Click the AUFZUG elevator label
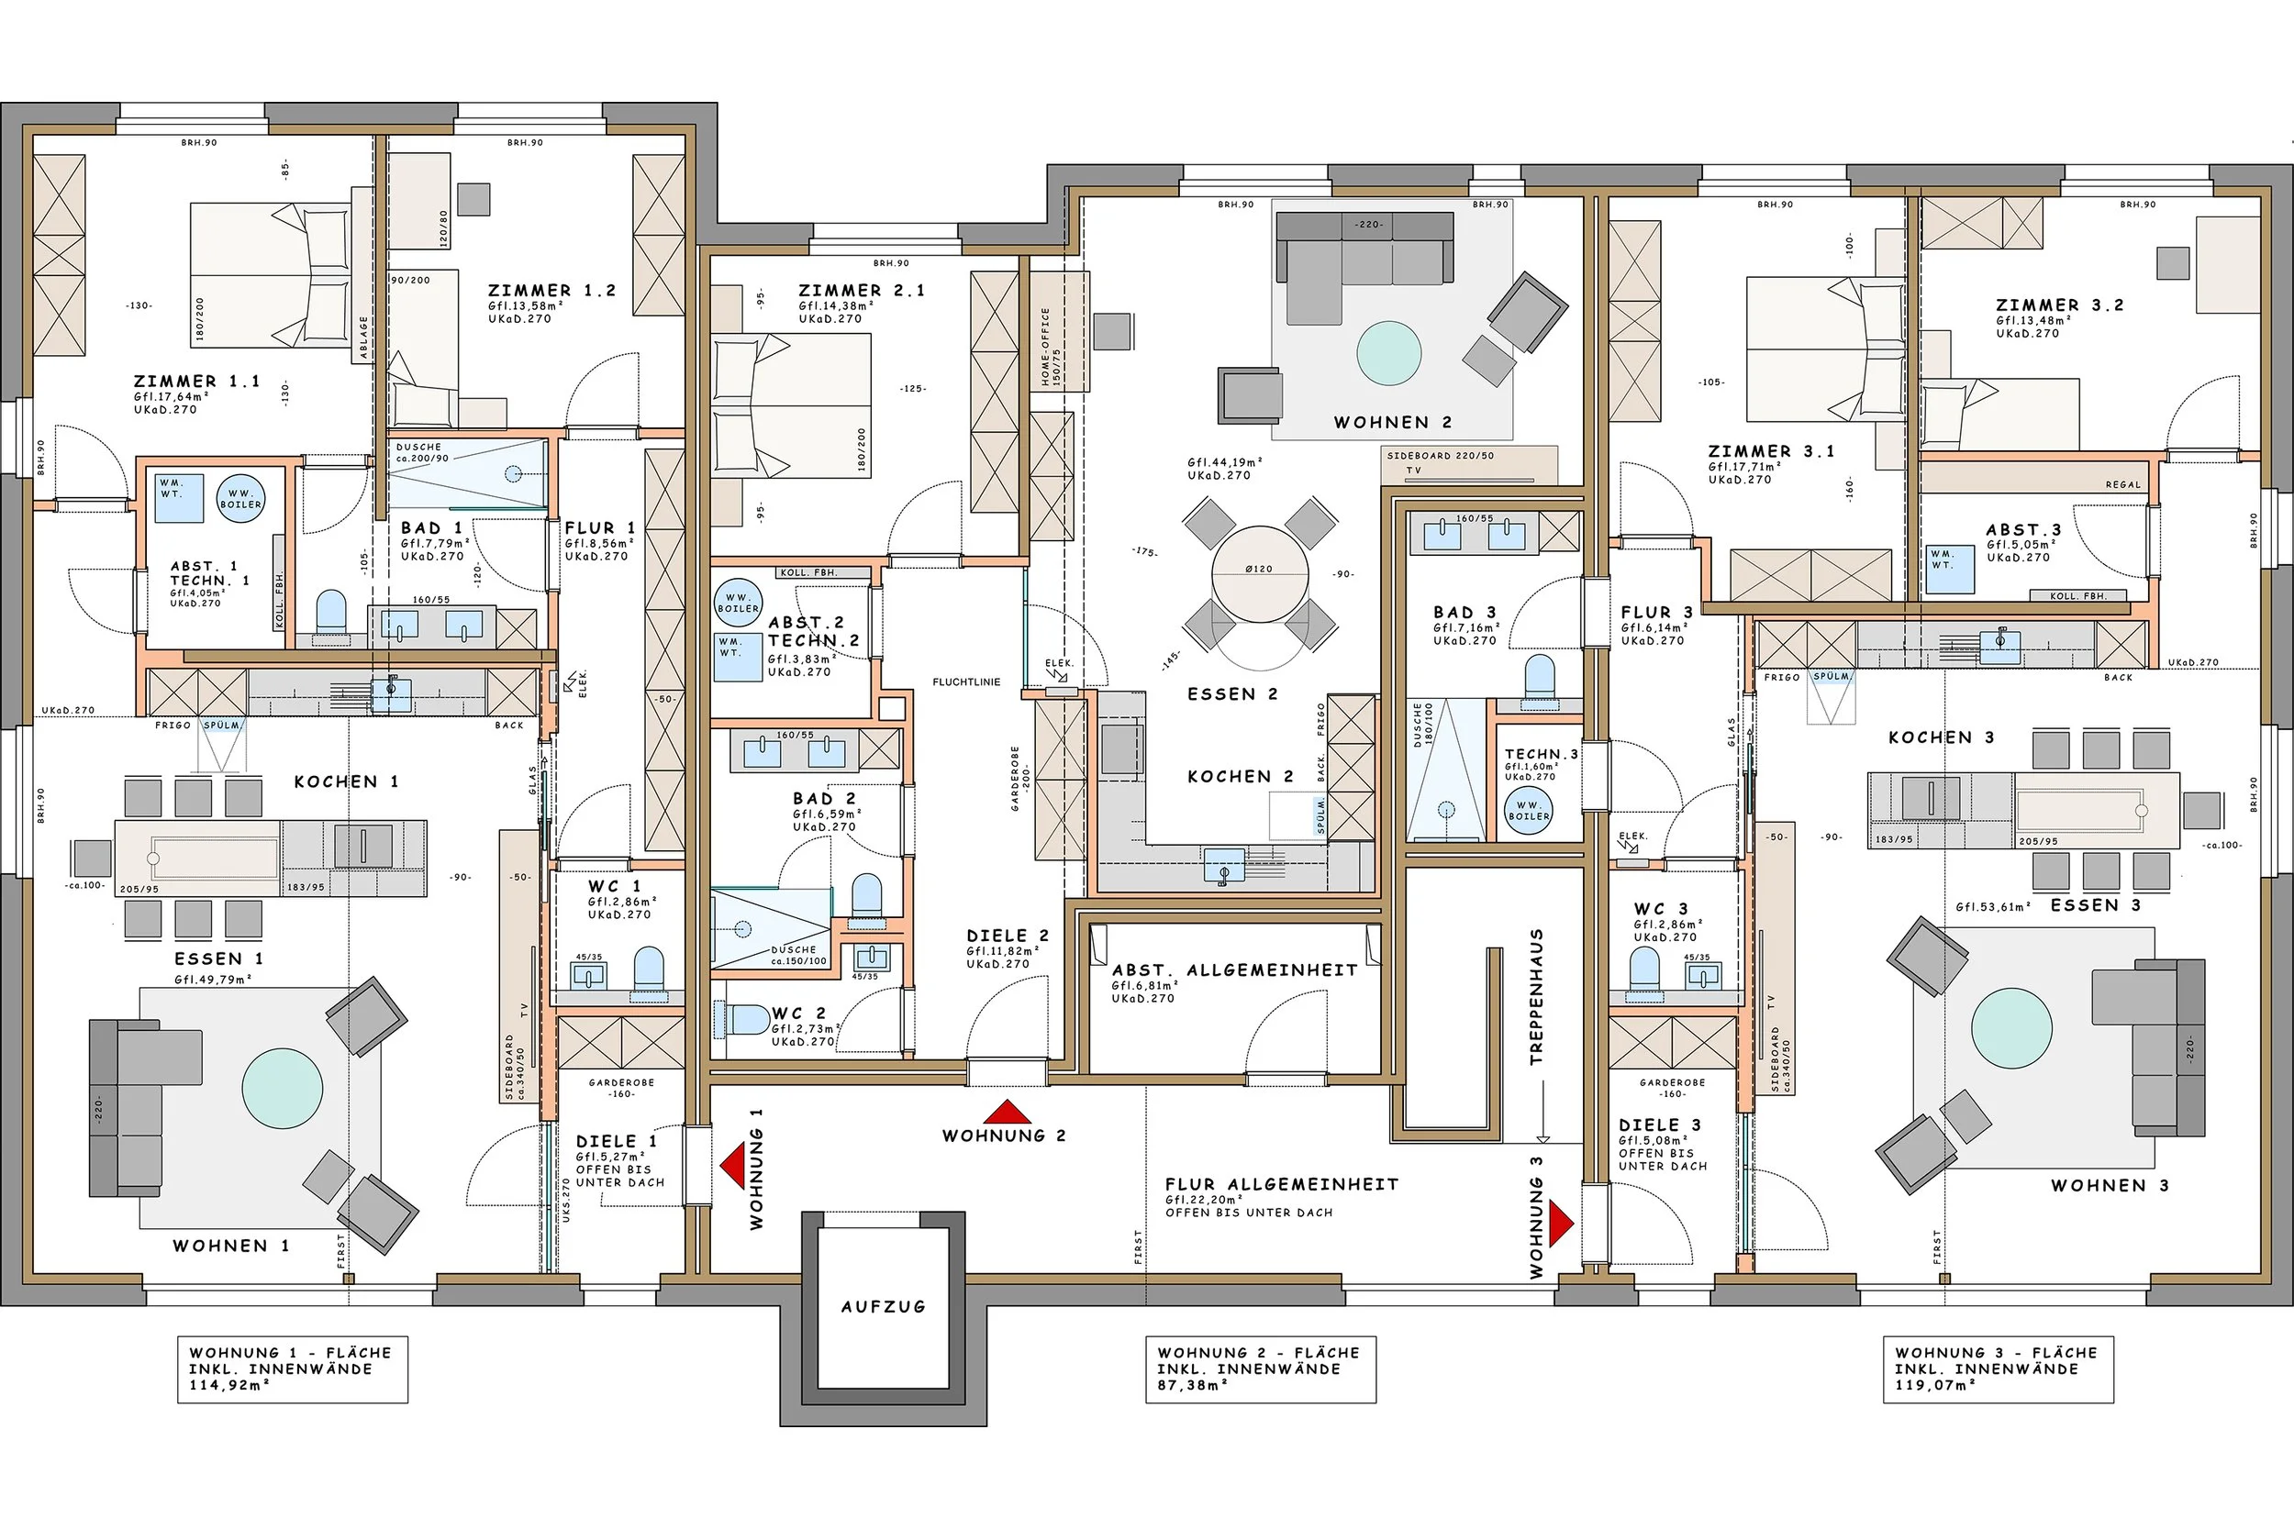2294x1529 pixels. (x=883, y=1307)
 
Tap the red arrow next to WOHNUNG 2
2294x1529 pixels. (x=1007, y=1112)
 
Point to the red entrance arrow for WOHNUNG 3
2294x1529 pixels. (x=1561, y=1222)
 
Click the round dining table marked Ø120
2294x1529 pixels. (x=1260, y=573)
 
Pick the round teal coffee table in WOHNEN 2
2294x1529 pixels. (x=1389, y=353)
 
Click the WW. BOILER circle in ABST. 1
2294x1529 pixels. (x=239, y=498)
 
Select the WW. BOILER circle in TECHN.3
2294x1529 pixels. (x=1529, y=812)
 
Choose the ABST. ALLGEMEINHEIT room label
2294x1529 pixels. (x=1235, y=970)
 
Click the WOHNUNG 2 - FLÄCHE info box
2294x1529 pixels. (x=1260, y=1369)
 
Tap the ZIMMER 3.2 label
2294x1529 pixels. (x=2059, y=305)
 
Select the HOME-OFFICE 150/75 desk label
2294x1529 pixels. (x=1051, y=347)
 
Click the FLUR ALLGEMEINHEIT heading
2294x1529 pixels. (x=1282, y=1185)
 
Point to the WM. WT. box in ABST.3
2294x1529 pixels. (x=1951, y=570)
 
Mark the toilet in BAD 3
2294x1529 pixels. (x=1539, y=677)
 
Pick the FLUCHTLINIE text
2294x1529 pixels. (x=965, y=682)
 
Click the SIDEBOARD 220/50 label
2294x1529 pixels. (x=1440, y=455)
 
